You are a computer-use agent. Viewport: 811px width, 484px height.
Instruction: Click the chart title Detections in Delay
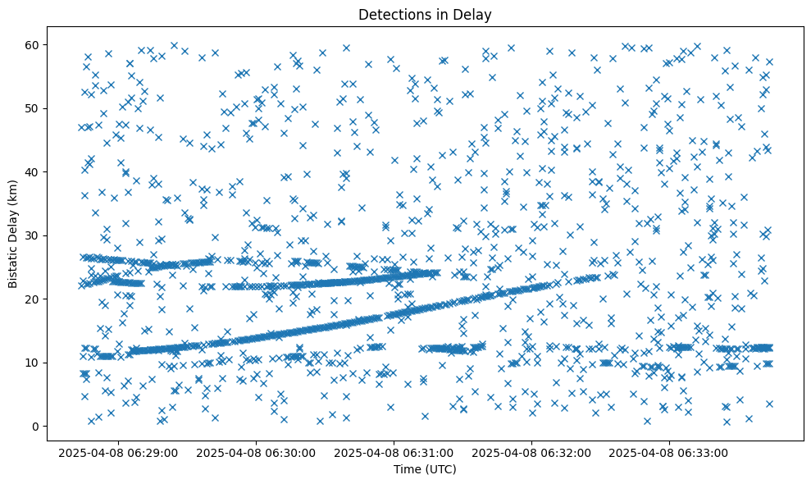click(x=425, y=14)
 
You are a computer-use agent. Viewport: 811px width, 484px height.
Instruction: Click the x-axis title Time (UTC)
click(x=425, y=469)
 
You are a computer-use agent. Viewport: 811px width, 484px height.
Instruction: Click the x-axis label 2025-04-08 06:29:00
click(x=118, y=452)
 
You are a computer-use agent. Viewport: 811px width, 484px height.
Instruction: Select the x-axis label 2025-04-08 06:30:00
click(x=256, y=452)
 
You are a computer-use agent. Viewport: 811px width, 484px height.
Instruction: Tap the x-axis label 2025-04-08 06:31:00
click(x=394, y=452)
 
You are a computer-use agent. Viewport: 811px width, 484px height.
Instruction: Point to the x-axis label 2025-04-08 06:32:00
click(x=531, y=452)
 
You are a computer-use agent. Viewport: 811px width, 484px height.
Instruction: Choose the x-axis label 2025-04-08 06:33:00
click(x=669, y=452)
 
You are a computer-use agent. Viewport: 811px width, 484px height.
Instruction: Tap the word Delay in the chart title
click(x=474, y=14)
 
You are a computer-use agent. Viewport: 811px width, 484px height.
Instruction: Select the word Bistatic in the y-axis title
click(x=13, y=261)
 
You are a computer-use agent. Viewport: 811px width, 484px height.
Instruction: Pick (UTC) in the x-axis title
click(x=440, y=469)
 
